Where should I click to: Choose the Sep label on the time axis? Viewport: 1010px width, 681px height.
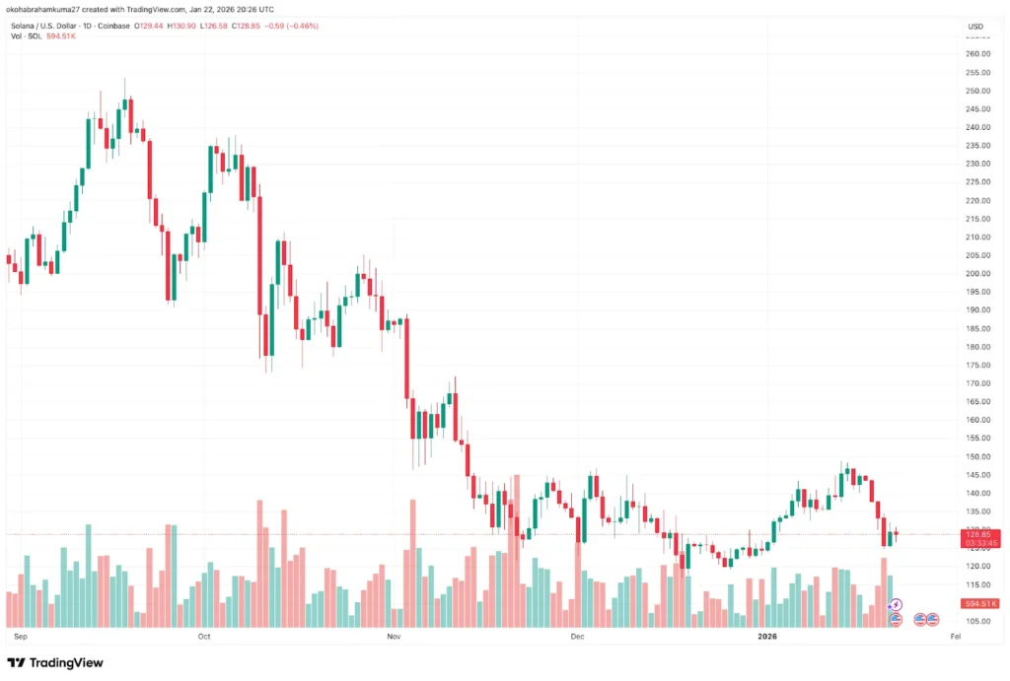click(19, 637)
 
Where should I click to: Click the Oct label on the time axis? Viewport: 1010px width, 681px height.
click(204, 637)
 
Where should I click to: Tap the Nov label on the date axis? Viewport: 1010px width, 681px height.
click(394, 637)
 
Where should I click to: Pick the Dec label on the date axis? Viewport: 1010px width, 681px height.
click(578, 637)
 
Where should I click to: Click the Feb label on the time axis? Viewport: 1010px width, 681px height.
click(954, 637)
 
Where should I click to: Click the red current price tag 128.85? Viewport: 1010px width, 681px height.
click(982, 533)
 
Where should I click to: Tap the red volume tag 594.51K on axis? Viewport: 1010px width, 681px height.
click(982, 603)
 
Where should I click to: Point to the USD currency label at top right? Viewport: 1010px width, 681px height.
click(975, 26)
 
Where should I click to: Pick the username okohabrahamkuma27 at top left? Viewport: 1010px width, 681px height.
click(45, 11)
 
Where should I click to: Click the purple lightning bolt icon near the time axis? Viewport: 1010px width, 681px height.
click(896, 604)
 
